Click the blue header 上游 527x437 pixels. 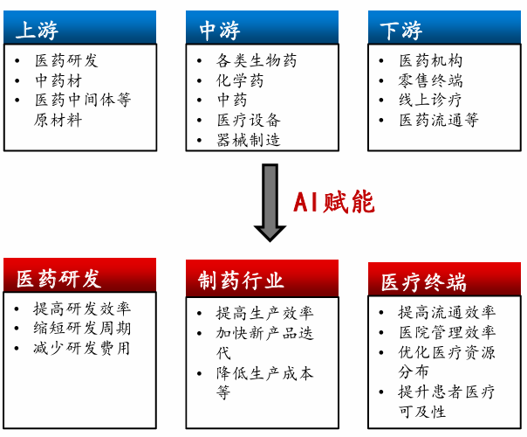[x=80, y=29]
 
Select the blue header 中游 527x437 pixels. [x=262, y=29]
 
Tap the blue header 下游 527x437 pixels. [x=444, y=30]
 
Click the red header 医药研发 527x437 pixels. [x=80, y=277]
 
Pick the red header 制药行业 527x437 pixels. [x=262, y=279]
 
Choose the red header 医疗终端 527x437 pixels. [x=444, y=281]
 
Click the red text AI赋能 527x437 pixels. [x=333, y=203]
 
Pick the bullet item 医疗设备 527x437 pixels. [x=248, y=119]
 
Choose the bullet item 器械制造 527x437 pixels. [x=248, y=139]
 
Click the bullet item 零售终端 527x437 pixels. [x=430, y=80]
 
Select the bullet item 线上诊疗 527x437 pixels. [x=430, y=100]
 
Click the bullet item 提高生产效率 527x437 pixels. [x=264, y=312]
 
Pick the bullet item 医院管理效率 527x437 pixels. [x=446, y=332]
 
